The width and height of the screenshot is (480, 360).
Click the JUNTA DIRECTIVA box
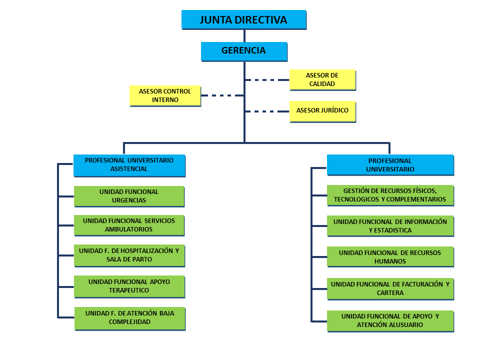(x=243, y=20)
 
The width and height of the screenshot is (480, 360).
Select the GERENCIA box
(x=243, y=51)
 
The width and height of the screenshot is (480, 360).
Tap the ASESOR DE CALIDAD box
(x=322, y=79)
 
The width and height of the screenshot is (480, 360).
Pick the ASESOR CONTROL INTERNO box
(x=165, y=95)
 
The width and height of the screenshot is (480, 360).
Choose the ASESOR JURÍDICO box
(x=322, y=110)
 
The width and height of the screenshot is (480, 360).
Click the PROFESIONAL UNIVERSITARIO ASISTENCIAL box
(x=129, y=165)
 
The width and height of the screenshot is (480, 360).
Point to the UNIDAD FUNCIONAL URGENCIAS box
(x=129, y=196)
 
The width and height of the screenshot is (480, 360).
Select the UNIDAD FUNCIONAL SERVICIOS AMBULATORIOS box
(x=128, y=225)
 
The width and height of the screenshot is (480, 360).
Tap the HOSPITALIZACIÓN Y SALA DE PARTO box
(x=129, y=255)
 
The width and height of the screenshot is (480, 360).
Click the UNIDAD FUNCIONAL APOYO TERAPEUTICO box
(x=129, y=285)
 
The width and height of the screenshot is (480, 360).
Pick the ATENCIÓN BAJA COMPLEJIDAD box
(x=129, y=318)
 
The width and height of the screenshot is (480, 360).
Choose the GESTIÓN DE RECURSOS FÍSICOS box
(x=390, y=195)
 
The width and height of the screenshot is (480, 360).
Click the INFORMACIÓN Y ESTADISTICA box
(x=390, y=226)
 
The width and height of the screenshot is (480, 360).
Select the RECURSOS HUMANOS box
(x=390, y=256)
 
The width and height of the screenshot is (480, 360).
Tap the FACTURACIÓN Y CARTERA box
(x=390, y=288)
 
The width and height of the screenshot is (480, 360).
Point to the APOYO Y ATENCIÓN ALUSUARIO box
(x=390, y=320)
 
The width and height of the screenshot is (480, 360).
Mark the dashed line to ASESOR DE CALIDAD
(x=267, y=79)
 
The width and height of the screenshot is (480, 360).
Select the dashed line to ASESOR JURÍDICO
(x=267, y=111)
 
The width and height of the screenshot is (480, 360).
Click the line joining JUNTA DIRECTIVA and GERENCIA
(x=244, y=35)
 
